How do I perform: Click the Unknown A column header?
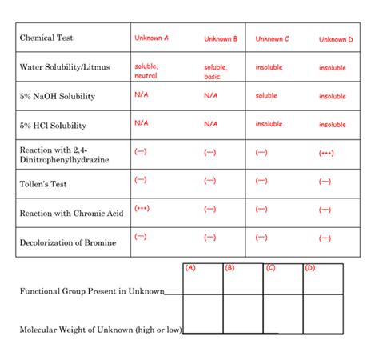(151, 38)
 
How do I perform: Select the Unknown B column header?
(221, 38)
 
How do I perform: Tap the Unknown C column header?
(273, 38)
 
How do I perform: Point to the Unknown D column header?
(336, 39)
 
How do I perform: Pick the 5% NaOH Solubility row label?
(57, 96)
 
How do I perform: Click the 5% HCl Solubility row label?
(53, 126)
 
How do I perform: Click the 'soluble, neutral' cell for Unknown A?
(146, 70)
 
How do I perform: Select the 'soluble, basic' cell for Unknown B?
(215, 72)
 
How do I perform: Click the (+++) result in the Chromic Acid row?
(142, 208)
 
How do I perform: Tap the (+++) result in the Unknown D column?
(325, 152)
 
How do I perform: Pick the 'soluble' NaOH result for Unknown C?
(266, 96)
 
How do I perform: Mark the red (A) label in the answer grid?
(189, 268)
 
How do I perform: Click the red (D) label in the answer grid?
(310, 268)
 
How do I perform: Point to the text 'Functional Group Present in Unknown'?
(92, 290)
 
